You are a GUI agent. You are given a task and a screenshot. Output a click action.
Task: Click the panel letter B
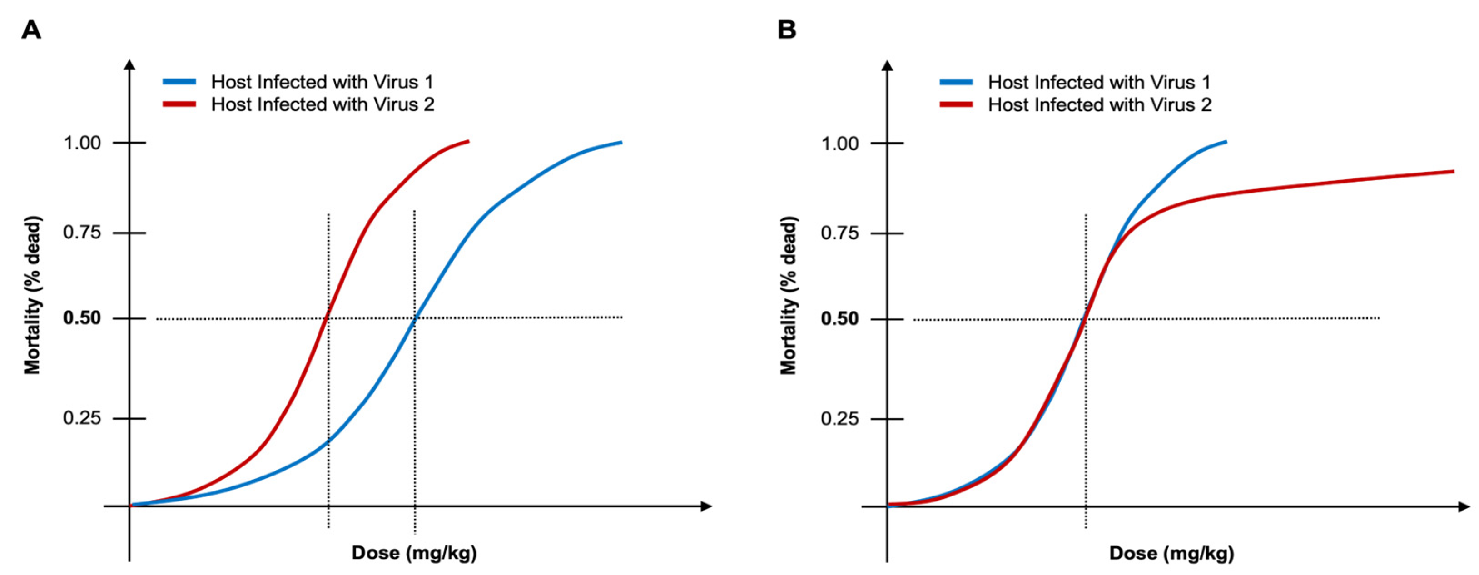(x=787, y=29)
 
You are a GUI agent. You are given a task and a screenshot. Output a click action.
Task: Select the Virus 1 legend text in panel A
(x=322, y=82)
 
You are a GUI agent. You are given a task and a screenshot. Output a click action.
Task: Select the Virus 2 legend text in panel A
(x=323, y=104)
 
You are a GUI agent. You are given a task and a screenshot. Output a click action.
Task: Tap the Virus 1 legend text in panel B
(x=1099, y=83)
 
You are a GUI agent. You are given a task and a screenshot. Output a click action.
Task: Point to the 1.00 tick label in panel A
(x=82, y=143)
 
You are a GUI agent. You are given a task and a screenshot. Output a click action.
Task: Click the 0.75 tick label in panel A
(x=82, y=233)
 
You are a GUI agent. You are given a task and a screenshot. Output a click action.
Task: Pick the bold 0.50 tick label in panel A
(x=82, y=318)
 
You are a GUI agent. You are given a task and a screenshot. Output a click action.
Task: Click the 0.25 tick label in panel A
(x=82, y=418)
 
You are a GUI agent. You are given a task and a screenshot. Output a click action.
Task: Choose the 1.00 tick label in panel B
(x=839, y=144)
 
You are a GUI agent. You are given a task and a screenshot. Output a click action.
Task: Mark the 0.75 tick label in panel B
(x=839, y=233)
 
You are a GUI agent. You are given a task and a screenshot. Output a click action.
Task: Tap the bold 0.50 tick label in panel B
(x=839, y=318)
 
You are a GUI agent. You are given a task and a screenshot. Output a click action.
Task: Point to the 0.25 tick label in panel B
(x=839, y=419)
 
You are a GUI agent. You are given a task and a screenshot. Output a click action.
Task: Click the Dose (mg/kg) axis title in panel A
(x=414, y=553)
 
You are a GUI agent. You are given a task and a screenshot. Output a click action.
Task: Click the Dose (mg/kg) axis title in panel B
(x=1171, y=553)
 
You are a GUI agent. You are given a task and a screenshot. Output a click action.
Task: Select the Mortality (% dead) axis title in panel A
(x=32, y=296)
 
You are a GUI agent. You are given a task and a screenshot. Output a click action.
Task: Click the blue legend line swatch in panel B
(x=956, y=83)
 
